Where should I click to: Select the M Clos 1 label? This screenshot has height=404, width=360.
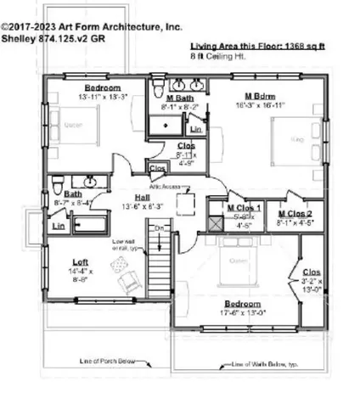coord(245,208)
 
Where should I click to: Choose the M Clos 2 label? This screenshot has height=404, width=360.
coord(295,214)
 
